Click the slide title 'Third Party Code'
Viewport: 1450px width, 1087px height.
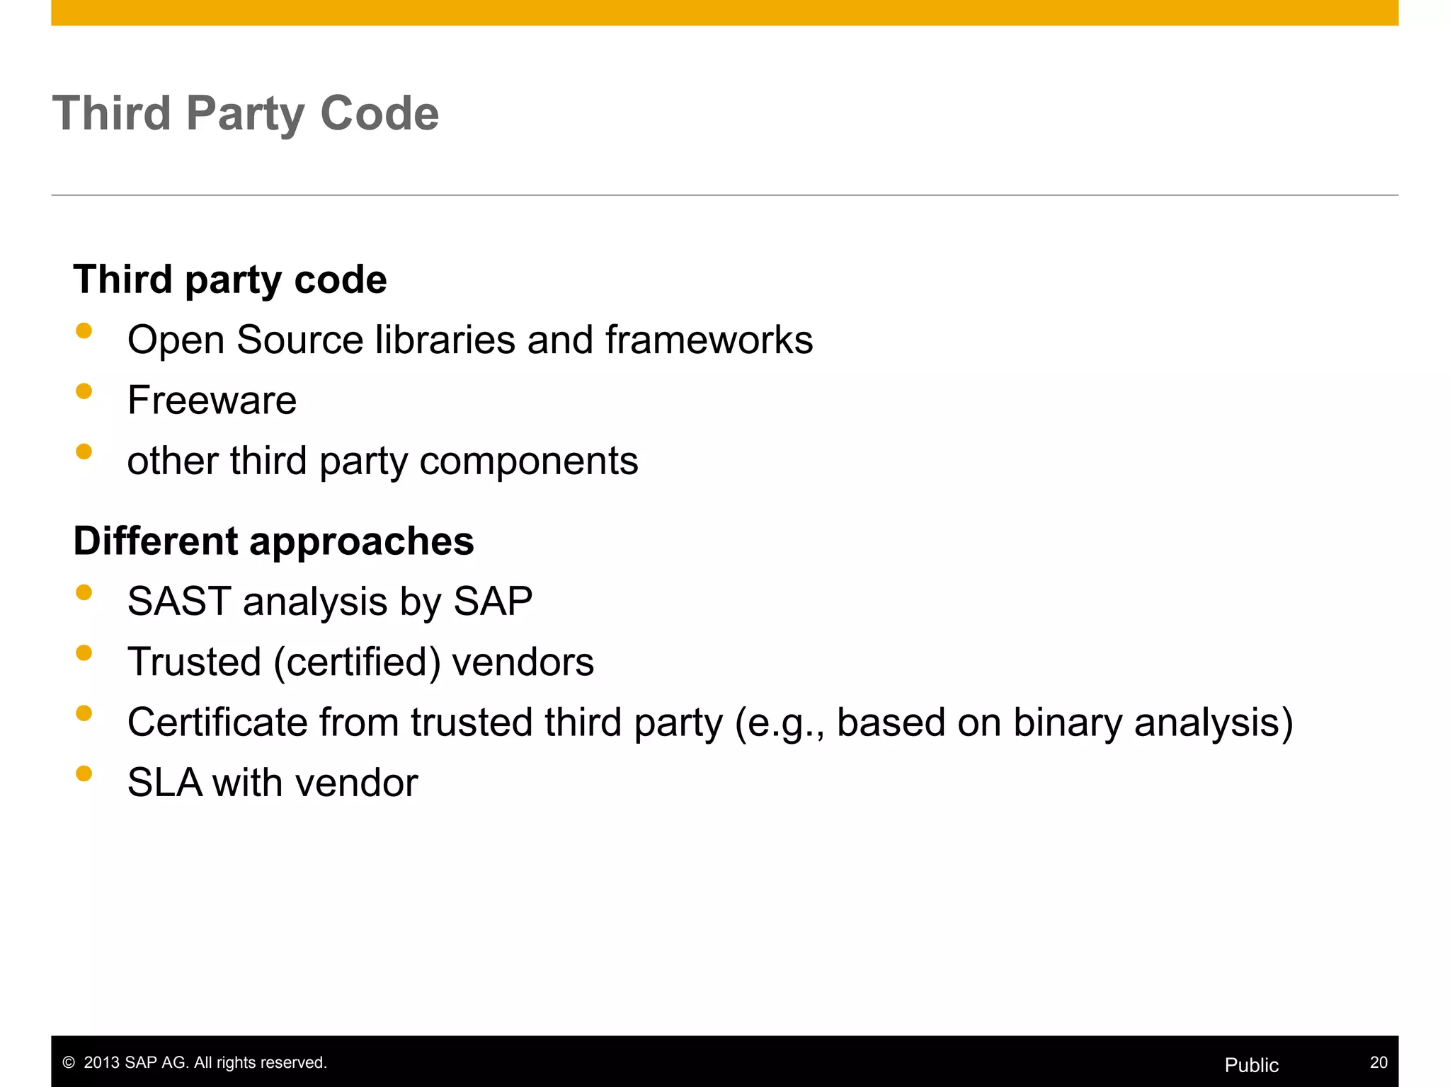click(245, 113)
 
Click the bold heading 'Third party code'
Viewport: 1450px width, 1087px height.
click(230, 280)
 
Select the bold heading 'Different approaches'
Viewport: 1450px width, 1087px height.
click(273, 541)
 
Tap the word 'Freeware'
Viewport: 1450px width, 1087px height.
click(212, 401)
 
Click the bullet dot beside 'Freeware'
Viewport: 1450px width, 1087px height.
click(84, 391)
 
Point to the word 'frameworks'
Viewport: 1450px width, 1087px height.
click(709, 340)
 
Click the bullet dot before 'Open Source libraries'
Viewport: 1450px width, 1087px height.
click(84, 330)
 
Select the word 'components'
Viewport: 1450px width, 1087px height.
click(529, 461)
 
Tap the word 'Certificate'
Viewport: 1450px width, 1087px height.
click(216, 723)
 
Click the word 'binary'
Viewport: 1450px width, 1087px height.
click(1067, 723)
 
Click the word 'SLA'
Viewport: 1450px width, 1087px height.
click(164, 783)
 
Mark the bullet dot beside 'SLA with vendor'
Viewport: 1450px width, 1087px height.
click(84, 773)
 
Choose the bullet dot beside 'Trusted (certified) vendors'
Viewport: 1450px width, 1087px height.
click(84, 652)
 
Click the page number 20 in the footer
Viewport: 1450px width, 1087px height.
click(1378, 1062)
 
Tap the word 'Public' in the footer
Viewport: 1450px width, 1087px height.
click(1251, 1065)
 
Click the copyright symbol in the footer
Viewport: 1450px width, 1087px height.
click(69, 1063)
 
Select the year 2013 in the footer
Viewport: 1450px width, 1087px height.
click(101, 1063)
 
